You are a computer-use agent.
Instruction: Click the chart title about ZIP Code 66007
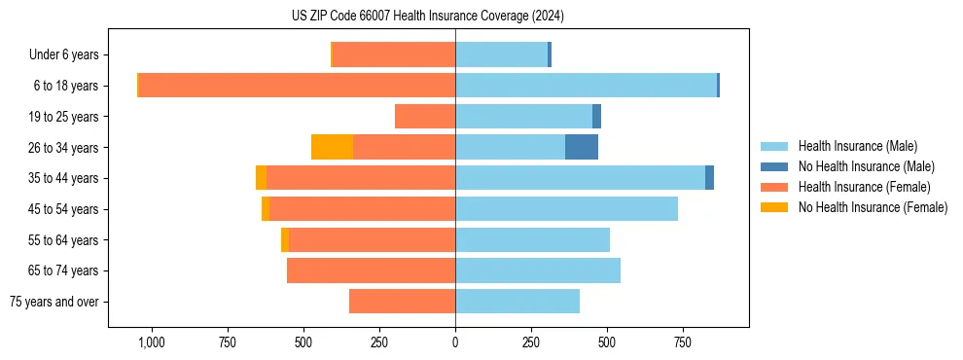click(x=427, y=17)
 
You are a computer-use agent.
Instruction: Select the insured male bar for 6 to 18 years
click(x=586, y=86)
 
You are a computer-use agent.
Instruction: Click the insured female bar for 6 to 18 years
click(x=297, y=86)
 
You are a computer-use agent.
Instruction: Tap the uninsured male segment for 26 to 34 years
click(x=582, y=147)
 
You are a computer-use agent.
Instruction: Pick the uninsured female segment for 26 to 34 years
click(x=332, y=147)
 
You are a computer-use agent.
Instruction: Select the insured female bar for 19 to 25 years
click(x=425, y=117)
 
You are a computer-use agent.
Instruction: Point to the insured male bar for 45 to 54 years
click(x=566, y=209)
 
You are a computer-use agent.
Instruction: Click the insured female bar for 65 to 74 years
click(x=371, y=270)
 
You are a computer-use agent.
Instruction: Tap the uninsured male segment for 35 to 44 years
click(x=709, y=178)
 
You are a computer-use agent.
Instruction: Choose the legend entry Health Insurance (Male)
click(x=857, y=146)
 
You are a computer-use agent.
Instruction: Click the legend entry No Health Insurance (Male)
click(x=866, y=166)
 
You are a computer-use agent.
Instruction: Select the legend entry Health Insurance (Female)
click(x=864, y=187)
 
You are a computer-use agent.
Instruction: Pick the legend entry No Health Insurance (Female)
click(x=873, y=207)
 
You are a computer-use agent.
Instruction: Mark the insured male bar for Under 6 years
click(x=501, y=54)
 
